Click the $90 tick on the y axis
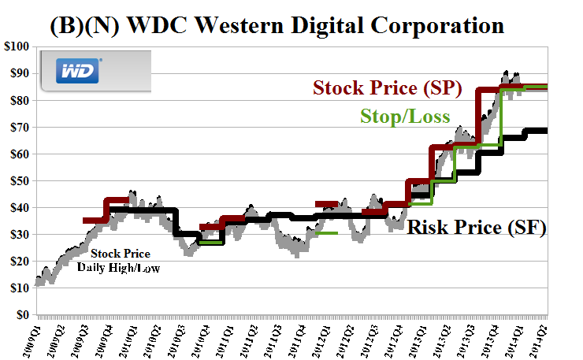click(x=17, y=73)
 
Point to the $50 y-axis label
click(x=17, y=180)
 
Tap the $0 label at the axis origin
click(x=21, y=315)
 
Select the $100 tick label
click(x=15, y=46)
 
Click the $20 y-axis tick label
click(x=17, y=262)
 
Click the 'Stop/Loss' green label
click(x=405, y=117)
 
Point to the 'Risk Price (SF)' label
click(x=476, y=228)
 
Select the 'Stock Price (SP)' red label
click(x=387, y=87)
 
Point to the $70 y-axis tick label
click(x=17, y=127)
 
